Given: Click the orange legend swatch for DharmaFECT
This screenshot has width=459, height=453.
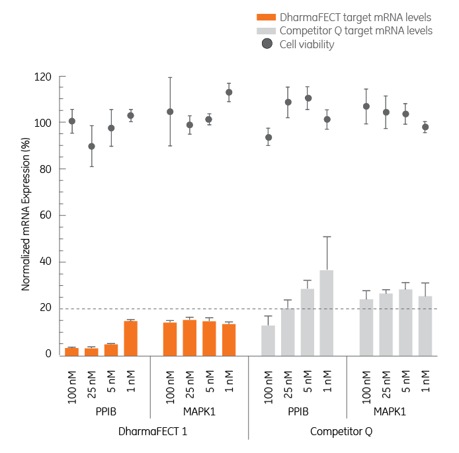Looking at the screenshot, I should pyautogui.click(x=267, y=17).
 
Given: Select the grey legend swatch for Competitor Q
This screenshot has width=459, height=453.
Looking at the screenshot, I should pyautogui.click(x=267, y=31).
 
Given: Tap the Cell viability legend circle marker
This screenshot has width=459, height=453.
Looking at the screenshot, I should pyautogui.click(x=267, y=44).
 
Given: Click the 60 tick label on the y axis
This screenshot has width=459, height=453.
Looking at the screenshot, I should pyautogui.click(x=46, y=215).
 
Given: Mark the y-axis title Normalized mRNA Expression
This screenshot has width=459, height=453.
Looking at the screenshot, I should pyautogui.click(x=27, y=215).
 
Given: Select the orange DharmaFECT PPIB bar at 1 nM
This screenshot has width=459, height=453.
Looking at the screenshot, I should pyautogui.click(x=130, y=338).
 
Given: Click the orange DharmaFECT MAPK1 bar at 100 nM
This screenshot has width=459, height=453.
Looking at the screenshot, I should pyautogui.click(x=170, y=339).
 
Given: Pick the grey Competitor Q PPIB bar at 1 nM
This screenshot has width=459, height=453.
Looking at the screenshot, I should pyautogui.click(x=327, y=312).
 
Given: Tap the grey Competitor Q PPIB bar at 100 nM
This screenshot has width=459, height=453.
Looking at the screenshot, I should pyautogui.click(x=268, y=340).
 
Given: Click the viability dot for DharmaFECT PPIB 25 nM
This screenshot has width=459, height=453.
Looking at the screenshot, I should pyautogui.click(x=91, y=146).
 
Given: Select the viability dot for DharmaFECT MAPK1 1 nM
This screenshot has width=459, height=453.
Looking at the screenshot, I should pyautogui.click(x=229, y=92).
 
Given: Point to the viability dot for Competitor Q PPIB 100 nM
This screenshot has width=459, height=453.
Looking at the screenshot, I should pyautogui.click(x=268, y=137).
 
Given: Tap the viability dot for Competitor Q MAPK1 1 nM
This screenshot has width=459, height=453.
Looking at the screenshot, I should pyautogui.click(x=425, y=127).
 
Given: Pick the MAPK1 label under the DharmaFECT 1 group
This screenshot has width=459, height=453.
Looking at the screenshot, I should pyautogui.click(x=200, y=411).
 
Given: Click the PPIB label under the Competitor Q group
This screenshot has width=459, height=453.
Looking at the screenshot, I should pyautogui.click(x=298, y=411).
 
